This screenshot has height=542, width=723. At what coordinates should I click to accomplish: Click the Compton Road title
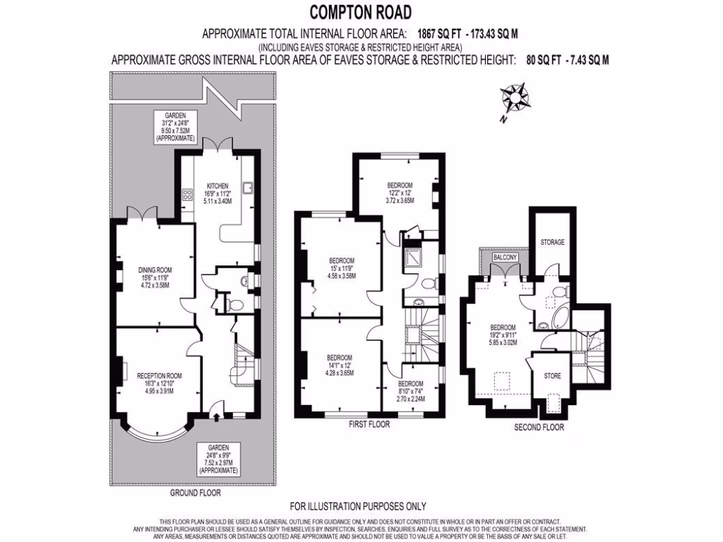click(360, 12)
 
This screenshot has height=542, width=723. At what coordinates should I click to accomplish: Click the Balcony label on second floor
click(506, 258)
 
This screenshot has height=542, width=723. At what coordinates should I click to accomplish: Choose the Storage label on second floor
click(552, 242)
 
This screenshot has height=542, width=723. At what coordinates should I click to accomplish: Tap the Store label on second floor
click(552, 375)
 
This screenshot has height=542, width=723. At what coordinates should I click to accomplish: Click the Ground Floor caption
click(196, 493)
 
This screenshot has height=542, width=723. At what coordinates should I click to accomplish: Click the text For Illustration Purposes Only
click(359, 506)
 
